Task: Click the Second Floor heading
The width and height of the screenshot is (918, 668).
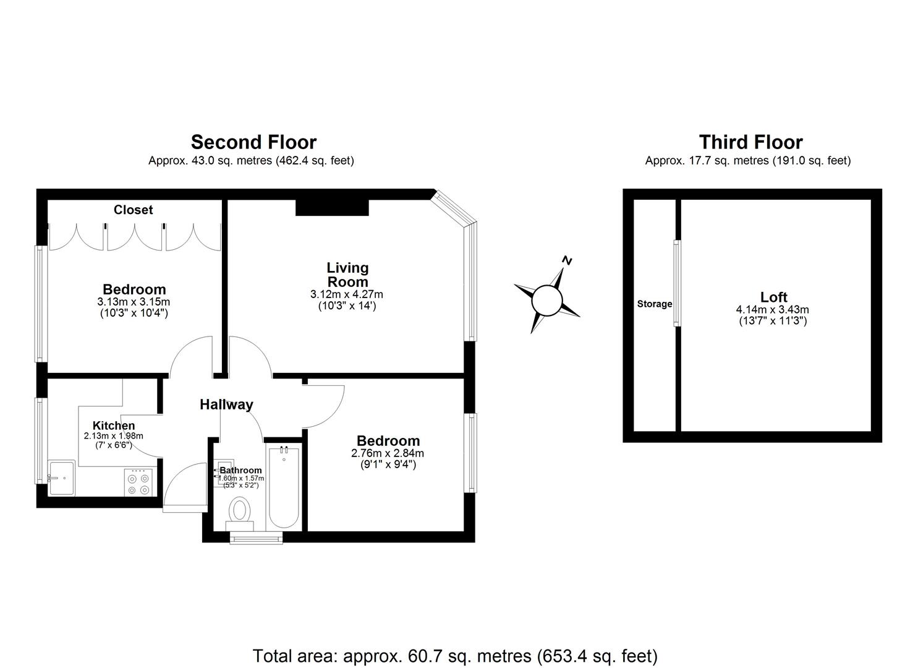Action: (x=253, y=142)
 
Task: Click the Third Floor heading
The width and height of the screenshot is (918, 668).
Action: (x=750, y=142)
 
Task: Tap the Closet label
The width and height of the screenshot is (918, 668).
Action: (x=133, y=210)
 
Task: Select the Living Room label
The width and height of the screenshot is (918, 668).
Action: (x=347, y=275)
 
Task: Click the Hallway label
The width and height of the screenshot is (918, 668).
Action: (x=226, y=405)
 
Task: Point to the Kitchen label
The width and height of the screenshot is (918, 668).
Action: (x=114, y=426)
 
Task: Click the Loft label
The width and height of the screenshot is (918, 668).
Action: (x=773, y=297)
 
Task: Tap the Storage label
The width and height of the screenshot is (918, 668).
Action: (x=655, y=304)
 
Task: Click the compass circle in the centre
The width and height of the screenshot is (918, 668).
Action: (x=547, y=301)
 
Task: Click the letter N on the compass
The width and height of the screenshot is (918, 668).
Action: (x=567, y=260)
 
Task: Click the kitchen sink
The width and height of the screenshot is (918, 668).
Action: (x=61, y=478)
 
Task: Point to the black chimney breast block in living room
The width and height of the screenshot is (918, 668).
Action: (x=332, y=207)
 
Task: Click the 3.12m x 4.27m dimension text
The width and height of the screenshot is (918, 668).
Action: (x=347, y=294)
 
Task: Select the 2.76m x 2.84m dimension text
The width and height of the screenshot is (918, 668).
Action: (x=388, y=453)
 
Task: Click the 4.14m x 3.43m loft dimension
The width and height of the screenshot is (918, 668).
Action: (x=772, y=310)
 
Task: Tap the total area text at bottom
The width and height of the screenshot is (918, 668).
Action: (x=455, y=656)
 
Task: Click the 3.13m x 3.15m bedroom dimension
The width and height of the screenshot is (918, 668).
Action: (x=134, y=302)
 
